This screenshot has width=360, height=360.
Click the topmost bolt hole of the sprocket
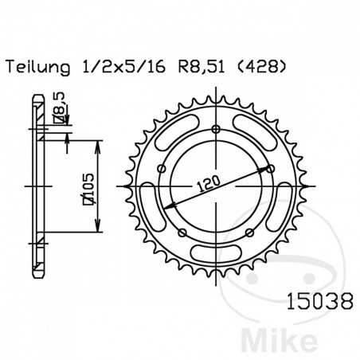(x=217, y=132)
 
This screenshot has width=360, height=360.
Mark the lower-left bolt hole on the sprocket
(x=182, y=232)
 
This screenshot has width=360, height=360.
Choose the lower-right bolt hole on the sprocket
(x=250, y=232)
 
